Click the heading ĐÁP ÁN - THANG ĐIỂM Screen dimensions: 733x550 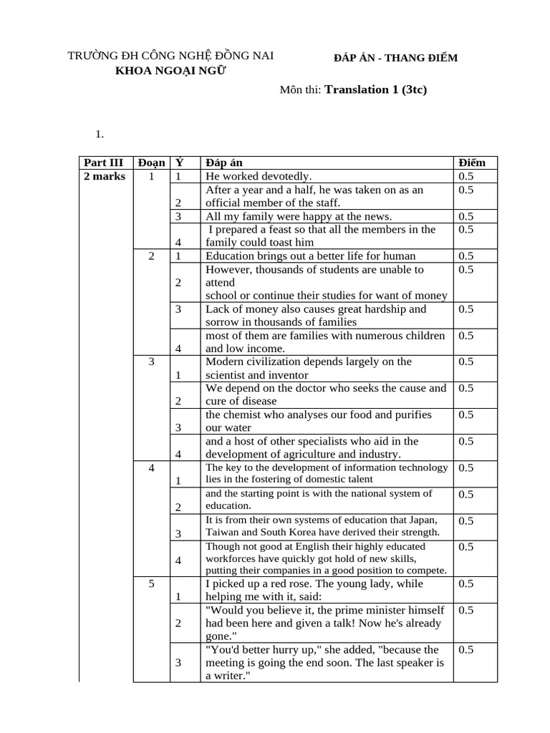(395, 58)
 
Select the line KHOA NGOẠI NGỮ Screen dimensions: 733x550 (170, 72)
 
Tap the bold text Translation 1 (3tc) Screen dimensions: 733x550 (376, 90)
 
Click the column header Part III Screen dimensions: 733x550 (104, 163)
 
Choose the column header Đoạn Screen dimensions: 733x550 (151, 163)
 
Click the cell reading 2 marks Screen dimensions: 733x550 (104, 176)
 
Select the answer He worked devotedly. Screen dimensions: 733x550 (259, 176)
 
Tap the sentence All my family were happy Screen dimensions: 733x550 (299, 216)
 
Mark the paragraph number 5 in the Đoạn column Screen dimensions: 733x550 (152, 584)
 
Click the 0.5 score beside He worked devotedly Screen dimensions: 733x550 (466, 176)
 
